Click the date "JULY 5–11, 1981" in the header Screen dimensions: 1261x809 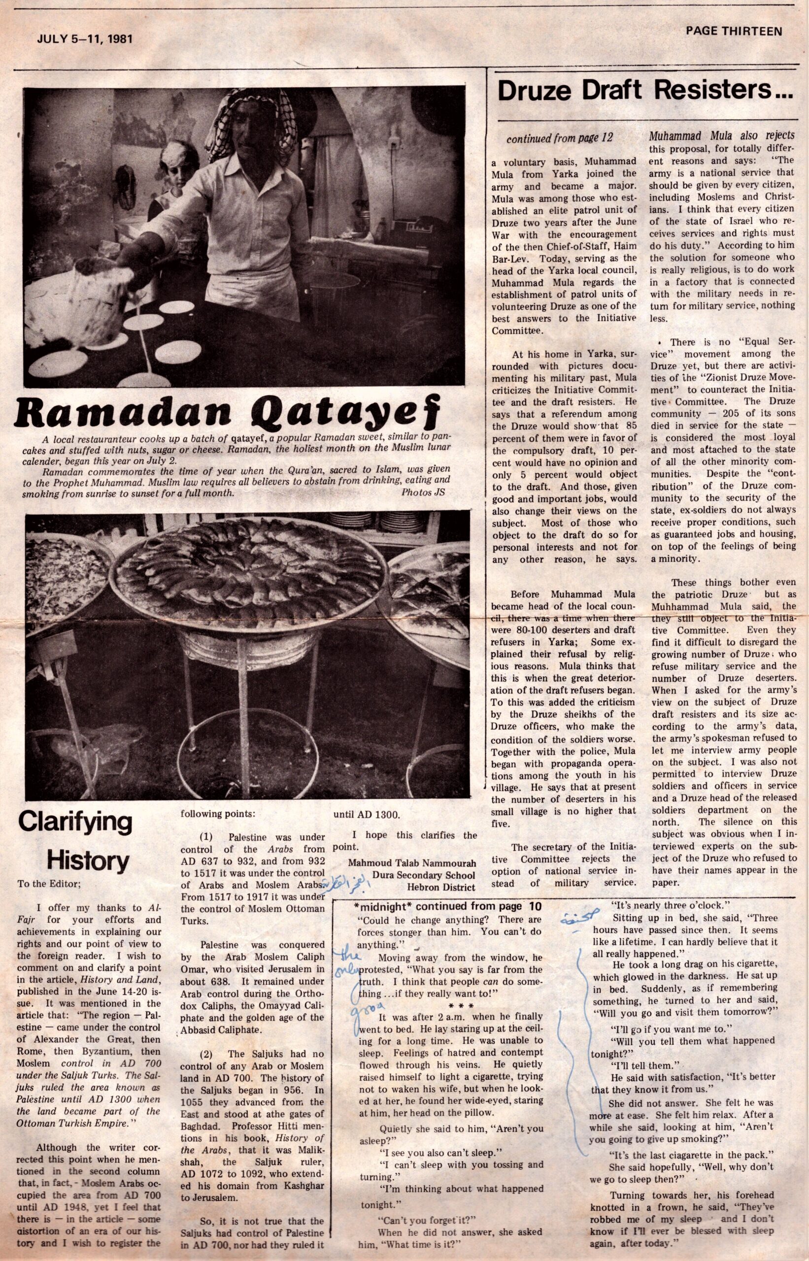click(x=84, y=39)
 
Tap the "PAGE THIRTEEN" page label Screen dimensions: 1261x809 click(x=733, y=32)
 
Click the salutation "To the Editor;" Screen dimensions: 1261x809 click(x=48, y=883)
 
